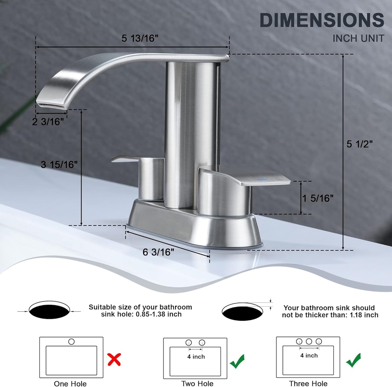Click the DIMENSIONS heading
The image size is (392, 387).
322,20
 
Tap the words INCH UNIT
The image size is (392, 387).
358,38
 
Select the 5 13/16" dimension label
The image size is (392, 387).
140,39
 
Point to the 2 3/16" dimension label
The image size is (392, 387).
47,122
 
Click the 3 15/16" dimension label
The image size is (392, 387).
59,164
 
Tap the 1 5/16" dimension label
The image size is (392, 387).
318,198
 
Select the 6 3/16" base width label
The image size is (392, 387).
158,252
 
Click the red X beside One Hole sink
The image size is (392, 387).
114,359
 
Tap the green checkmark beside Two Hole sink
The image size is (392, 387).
237,361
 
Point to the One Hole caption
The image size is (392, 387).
70,384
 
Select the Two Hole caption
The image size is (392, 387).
197,384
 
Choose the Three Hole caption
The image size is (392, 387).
308,384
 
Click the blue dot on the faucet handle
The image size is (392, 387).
261,179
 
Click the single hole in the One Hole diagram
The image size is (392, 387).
71,341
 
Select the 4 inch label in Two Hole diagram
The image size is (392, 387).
196,357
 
